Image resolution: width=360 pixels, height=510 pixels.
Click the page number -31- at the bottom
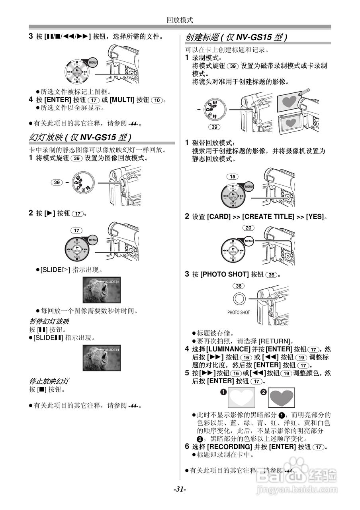(180, 489)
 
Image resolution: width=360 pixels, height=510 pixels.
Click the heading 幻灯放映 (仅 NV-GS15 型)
(80, 137)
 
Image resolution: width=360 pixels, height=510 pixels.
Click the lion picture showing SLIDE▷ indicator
(102, 290)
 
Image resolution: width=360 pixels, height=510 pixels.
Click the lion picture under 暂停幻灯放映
(102, 357)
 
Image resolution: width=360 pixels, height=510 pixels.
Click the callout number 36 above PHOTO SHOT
(239, 286)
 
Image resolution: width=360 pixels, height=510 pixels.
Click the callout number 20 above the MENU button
(248, 228)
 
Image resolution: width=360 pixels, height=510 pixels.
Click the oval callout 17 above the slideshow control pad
(77, 230)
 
